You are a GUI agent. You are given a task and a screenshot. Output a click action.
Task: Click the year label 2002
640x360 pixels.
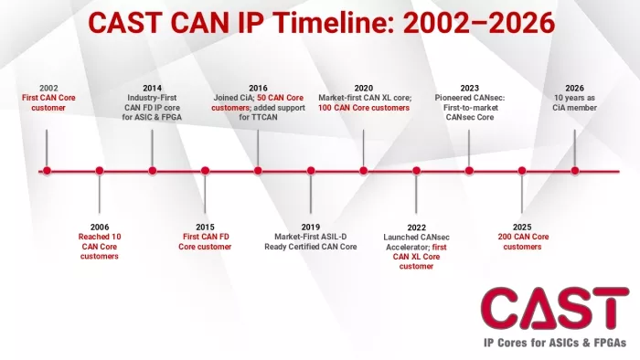(48, 88)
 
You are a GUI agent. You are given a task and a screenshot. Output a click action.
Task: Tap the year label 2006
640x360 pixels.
(100, 228)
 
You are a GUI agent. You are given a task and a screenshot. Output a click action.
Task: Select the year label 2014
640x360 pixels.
(153, 88)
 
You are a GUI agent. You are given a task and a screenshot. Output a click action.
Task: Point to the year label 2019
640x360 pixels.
(311, 228)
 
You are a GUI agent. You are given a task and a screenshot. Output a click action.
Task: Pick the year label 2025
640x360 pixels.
(522, 228)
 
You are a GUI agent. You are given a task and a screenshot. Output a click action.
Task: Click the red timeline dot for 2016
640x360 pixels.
(258, 171)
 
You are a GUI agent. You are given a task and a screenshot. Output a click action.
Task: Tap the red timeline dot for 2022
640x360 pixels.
(416, 171)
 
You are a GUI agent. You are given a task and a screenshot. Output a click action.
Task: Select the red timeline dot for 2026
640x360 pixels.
(575, 171)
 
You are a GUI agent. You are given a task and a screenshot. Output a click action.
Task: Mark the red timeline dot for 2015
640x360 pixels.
(206, 171)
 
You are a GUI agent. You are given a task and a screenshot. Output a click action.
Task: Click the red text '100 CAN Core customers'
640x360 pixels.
(364, 108)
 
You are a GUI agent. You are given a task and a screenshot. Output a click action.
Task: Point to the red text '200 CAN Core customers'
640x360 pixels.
(523, 242)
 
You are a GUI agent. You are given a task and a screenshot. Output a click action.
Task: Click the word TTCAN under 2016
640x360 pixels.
(265, 118)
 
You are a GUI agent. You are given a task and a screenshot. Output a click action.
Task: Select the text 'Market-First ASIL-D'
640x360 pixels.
(311, 237)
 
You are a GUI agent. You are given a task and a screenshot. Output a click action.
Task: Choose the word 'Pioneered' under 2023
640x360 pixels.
(452, 98)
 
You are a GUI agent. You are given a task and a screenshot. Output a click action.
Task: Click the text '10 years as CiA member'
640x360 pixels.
(575, 102)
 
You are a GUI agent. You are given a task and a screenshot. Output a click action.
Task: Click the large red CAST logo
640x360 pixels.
(555, 308)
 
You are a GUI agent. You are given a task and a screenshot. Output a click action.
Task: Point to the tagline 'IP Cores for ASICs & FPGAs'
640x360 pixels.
(555, 343)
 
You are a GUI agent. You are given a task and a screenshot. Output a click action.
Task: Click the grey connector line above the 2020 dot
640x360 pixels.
(363, 148)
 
